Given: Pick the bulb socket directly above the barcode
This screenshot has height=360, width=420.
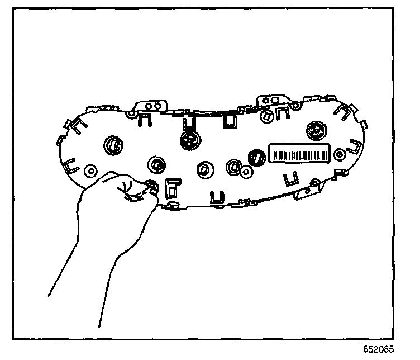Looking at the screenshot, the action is click(314, 130).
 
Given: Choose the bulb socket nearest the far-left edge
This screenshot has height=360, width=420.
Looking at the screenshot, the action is click(112, 144).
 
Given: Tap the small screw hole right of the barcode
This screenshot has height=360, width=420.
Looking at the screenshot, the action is click(338, 154).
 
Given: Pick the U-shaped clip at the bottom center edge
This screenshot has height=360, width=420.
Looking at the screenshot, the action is click(216, 196).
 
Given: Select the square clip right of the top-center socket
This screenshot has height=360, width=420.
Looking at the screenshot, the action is click(229, 120).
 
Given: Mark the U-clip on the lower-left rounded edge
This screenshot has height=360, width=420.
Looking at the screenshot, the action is click(69, 165).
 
